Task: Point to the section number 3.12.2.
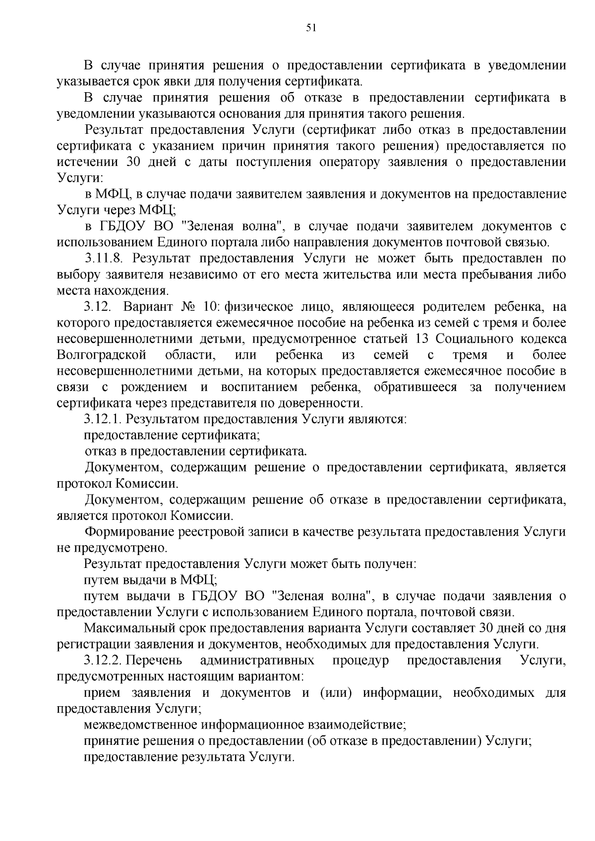(102, 661)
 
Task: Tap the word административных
(257, 661)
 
